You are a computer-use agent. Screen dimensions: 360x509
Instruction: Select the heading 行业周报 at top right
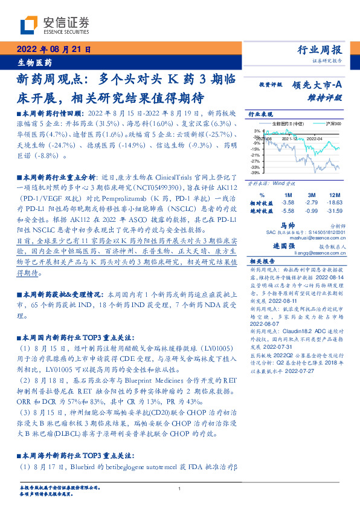click(321, 50)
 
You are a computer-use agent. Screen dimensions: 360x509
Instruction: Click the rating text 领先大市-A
click(318, 85)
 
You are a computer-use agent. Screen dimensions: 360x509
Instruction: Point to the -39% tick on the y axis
click(256, 172)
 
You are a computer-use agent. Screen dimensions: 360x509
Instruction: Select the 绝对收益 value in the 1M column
click(288, 210)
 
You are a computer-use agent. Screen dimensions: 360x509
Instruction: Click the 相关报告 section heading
click(260, 262)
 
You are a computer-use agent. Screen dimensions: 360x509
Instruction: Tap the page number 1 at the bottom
click(180, 489)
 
